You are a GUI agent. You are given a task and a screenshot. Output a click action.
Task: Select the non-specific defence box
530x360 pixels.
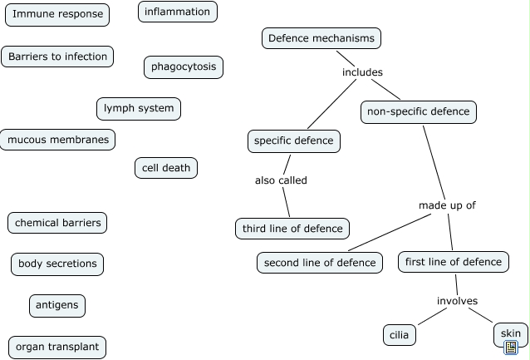[x=419, y=111]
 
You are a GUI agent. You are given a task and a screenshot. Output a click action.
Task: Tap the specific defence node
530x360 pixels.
[x=293, y=141]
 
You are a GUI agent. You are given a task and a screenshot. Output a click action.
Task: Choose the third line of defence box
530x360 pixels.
[x=292, y=228]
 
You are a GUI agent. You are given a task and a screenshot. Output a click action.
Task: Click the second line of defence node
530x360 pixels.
[x=320, y=263]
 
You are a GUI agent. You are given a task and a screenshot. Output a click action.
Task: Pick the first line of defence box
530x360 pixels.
[x=453, y=262]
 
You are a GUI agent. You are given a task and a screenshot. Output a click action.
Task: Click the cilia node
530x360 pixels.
[x=399, y=335]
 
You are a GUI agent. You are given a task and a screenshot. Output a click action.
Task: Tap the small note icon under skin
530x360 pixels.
[x=511, y=347]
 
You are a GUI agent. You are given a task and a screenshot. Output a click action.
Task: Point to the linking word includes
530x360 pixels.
[x=362, y=72]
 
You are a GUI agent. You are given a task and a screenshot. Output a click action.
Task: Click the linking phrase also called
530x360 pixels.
[x=281, y=180]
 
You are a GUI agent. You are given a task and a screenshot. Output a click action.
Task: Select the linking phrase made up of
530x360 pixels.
[x=447, y=205]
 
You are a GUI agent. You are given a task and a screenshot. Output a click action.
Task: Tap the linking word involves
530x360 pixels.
[x=458, y=301]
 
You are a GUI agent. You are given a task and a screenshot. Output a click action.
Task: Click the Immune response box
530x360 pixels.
[x=58, y=14]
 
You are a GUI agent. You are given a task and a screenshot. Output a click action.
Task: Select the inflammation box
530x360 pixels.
[x=178, y=12]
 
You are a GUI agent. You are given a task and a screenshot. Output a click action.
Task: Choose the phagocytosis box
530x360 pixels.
[x=184, y=67]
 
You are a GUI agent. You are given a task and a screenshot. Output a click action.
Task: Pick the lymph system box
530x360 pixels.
[x=139, y=108]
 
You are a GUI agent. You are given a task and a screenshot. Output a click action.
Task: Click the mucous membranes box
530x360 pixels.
[x=58, y=140]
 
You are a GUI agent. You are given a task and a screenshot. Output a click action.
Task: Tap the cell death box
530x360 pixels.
[x=166, y=168]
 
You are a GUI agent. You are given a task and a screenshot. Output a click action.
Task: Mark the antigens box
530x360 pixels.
[x=57, y=305]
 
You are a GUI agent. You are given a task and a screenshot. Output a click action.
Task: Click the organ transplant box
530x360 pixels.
[x=57, y=347]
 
